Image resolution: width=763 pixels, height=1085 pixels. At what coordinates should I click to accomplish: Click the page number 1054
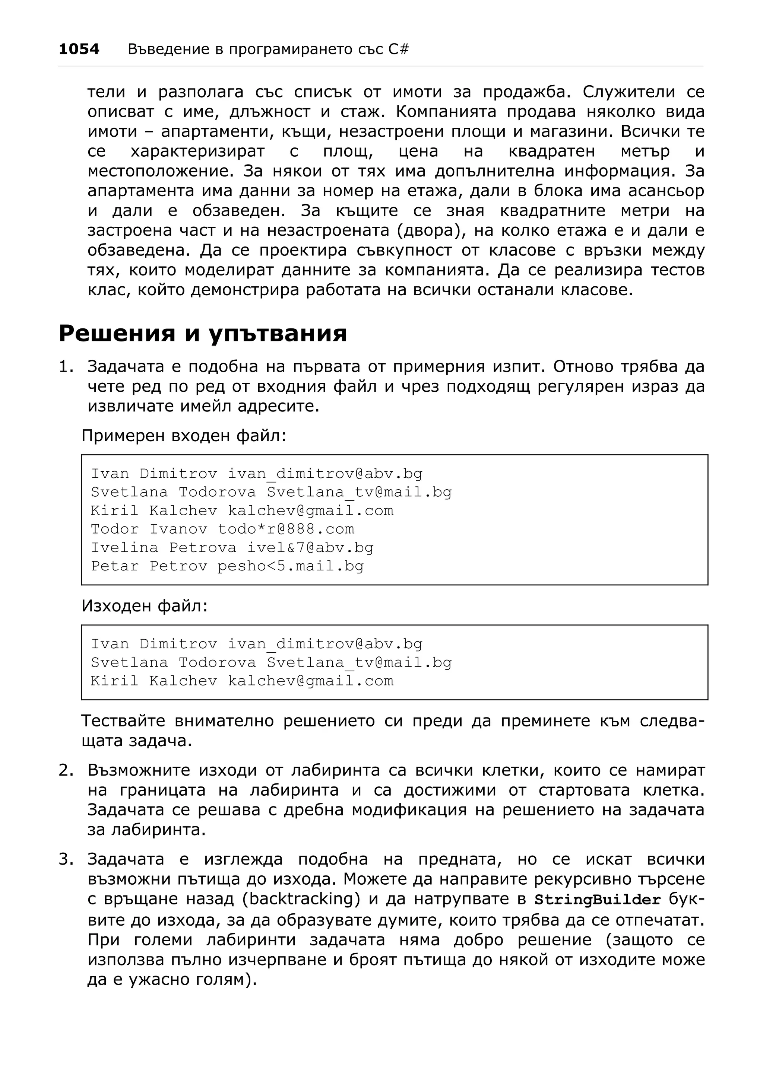click(79, 49)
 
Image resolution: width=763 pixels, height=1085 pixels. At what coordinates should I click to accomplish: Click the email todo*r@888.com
click(286, 529)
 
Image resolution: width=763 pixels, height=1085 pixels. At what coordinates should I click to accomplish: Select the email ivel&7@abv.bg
click(310, 547)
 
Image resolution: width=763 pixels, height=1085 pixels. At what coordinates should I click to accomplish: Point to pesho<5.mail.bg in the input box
click(290, 566)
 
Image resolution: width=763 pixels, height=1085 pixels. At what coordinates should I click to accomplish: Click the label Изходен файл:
click(145, 605)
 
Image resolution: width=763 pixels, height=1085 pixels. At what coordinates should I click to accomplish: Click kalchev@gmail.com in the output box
click(311, 681)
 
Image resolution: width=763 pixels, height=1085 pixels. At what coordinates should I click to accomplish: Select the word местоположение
click(161, 171)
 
